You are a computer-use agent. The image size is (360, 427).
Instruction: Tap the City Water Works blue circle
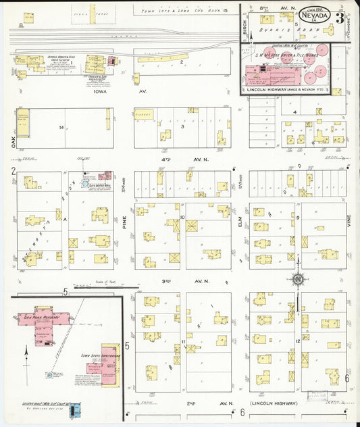[85, 182]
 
